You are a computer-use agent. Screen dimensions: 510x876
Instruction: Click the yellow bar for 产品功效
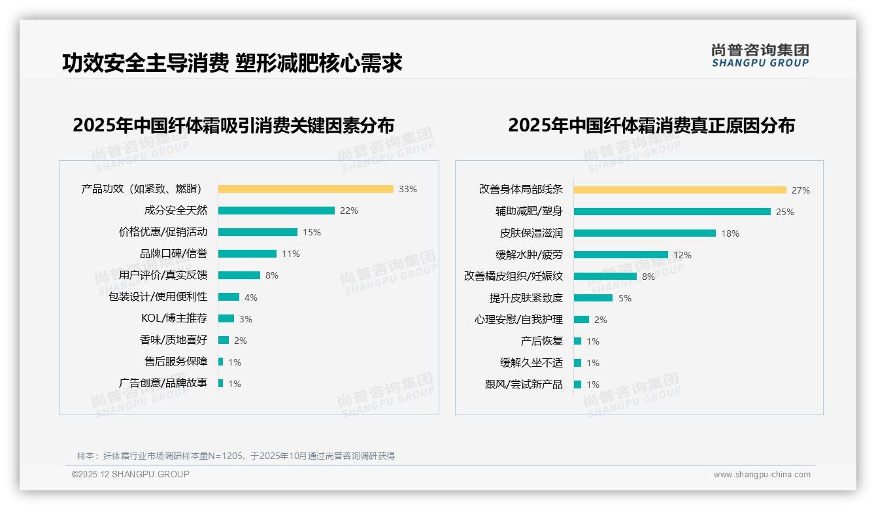click(305, 189)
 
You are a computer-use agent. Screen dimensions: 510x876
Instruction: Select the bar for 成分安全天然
click(276, 211)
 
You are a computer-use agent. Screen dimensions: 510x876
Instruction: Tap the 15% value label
click(312, 232)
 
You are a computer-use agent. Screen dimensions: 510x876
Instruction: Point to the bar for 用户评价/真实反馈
click(239, 275)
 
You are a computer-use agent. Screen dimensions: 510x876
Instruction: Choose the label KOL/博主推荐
click(174, 318)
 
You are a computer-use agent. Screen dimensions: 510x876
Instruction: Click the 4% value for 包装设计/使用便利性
click(251, 297)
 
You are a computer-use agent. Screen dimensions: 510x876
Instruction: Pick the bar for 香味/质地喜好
click(223, 340)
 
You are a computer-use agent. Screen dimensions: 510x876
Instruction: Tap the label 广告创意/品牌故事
click(163, 383)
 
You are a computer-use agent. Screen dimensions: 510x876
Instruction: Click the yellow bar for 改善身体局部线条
click(680, 190)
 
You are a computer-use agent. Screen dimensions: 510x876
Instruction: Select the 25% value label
click(785, 212)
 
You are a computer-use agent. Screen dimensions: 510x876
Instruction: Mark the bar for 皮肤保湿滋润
click(645, 233)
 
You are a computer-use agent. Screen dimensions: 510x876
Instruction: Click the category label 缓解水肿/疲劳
click(529, 255)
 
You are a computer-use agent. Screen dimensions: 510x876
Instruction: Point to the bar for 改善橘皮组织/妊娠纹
click(605, 276)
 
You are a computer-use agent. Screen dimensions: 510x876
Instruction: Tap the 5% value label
click(625, 298)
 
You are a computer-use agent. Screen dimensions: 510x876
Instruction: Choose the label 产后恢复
click(541, 341)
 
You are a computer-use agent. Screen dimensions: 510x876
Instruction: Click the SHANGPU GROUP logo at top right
click(760, 56)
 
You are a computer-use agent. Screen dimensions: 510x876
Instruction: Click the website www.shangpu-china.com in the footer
click(762, 475)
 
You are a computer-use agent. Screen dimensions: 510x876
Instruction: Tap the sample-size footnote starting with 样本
click(236, 456)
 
